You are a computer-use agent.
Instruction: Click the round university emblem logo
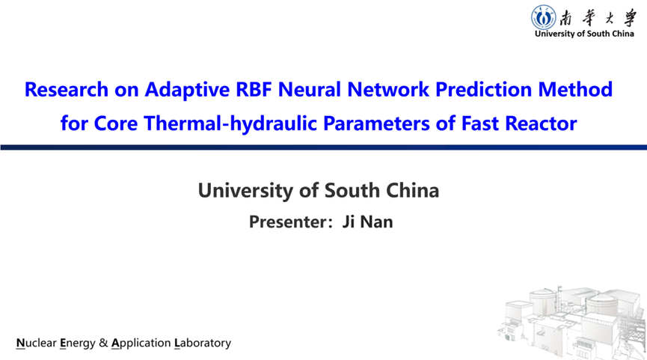[x=543, y=17]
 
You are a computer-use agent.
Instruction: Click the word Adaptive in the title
[x=187, y=90]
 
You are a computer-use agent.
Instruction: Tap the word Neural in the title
[x=310, y=89]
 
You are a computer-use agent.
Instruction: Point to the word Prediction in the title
[x=484, y=89]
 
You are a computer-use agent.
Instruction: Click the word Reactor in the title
[x=541, y=123]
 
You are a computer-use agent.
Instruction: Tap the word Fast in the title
[x=480, y=123]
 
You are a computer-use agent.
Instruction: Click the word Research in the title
[x=67, y=89]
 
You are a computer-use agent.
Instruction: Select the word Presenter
[x=287, y=222]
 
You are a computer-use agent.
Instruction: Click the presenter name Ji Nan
[x=367, y=222]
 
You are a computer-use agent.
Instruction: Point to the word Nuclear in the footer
[x=37, y=343]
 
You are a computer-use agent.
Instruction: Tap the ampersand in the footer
[x=103, y=343]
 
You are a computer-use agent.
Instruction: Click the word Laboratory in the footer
[x=203, y=344]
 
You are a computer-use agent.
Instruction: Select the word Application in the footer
[x=141, y=344]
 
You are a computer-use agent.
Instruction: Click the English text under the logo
[x=584, y=34]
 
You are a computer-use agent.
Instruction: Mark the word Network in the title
[x=388, y=89]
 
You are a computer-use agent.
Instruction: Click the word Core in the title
[x=115, y=123]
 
